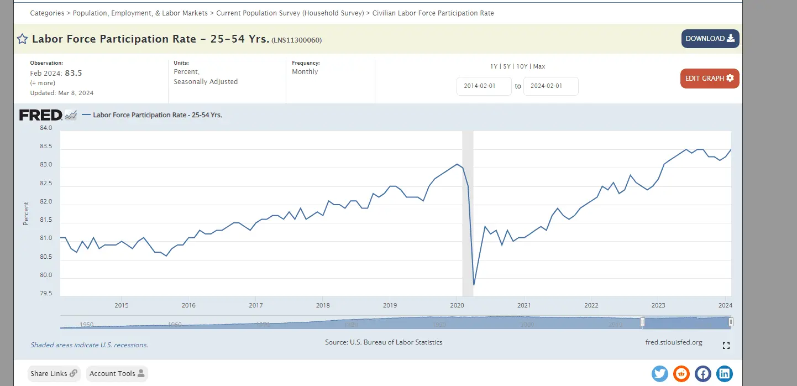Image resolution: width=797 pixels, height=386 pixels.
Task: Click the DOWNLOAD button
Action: (710, 39)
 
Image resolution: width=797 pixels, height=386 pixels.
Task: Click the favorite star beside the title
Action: (22, 39)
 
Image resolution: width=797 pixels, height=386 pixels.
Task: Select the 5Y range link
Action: (507, 66)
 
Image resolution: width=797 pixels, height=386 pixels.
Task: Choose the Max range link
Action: (539, 66)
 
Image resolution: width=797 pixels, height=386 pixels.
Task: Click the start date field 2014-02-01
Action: (484, 86)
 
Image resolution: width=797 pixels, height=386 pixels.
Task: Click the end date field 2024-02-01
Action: (550, 86)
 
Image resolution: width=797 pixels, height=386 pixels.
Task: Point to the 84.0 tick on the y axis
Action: (46, 128)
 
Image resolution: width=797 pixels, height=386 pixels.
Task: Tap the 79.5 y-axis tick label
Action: (46, 294)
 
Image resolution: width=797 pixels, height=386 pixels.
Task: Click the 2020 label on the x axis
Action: (457, 305)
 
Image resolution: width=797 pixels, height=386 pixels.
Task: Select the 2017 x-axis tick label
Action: (255, 305)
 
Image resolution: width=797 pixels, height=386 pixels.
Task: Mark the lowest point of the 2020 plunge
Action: (474, 285)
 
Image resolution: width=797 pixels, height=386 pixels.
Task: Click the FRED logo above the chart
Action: (41, 115)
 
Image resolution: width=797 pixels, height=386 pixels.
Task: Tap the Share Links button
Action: (54, 374)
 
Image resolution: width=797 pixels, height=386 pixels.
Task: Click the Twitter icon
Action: (660, 374)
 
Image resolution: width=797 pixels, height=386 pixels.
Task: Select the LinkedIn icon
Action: (724, 374)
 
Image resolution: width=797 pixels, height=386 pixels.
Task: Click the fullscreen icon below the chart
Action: (726, 346)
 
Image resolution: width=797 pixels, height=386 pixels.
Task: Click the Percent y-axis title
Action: (26, 213)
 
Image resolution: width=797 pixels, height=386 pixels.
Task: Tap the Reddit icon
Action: (681, 374)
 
